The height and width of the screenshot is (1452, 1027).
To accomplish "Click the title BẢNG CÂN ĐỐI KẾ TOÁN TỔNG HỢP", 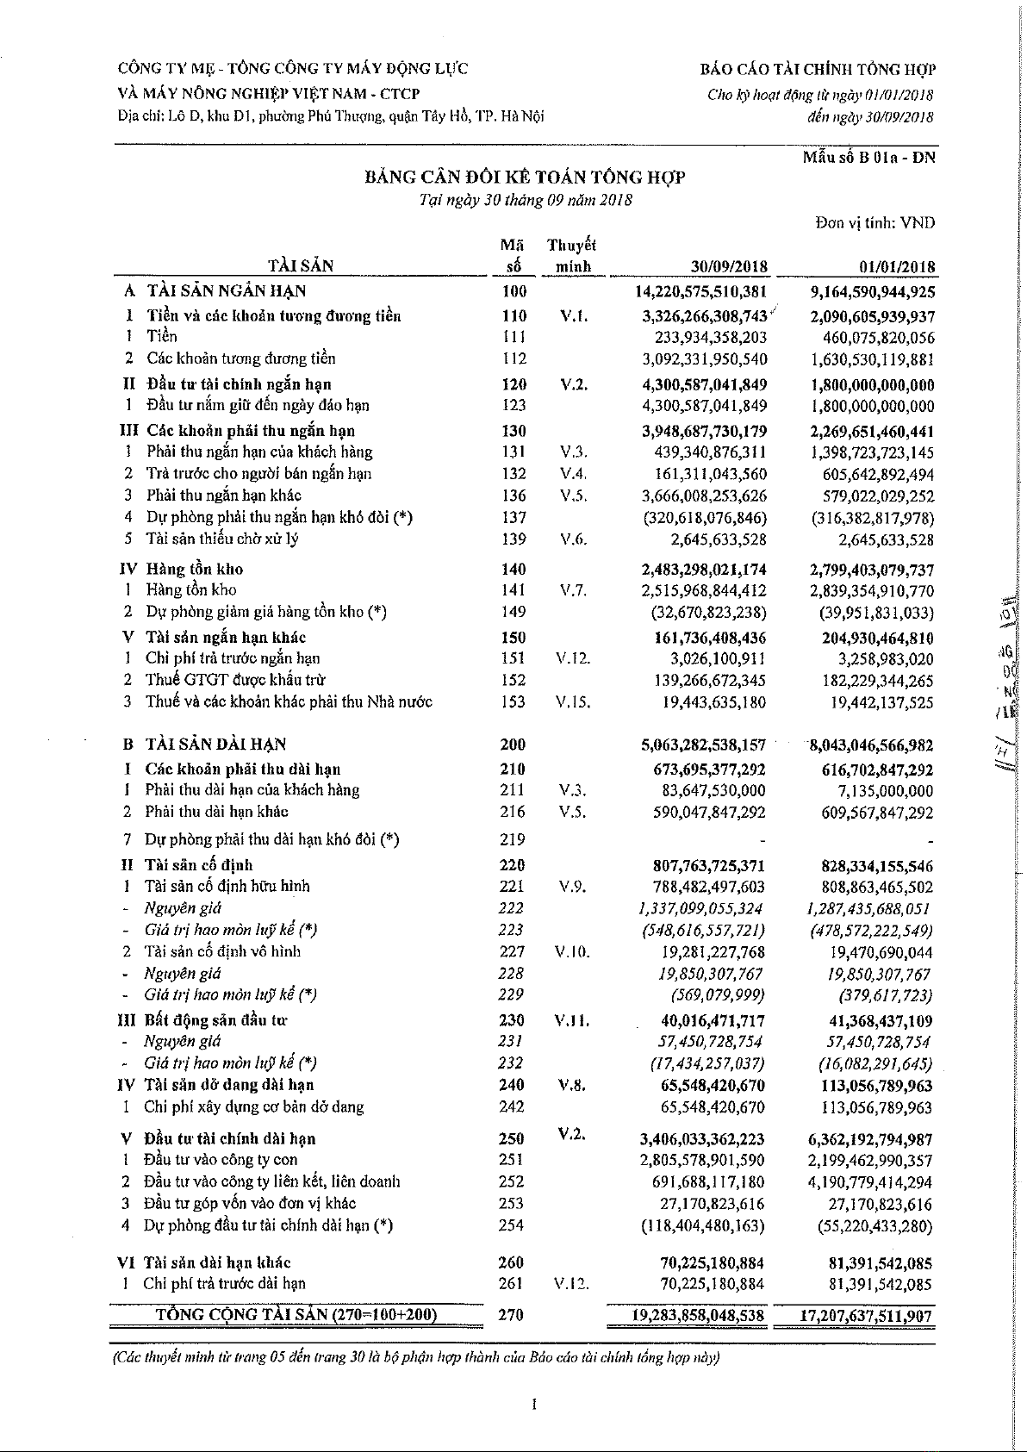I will click(x=525, y=177).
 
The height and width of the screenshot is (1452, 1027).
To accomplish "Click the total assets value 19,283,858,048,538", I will click(x=699, y=1316).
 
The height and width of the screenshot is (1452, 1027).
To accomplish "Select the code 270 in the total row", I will click(x=512, y=1315).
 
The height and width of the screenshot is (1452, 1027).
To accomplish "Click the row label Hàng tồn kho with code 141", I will click(x=191, y=590).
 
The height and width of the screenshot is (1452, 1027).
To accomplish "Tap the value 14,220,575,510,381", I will click(x=700, y=291).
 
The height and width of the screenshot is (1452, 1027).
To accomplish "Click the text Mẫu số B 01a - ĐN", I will click(x=868, y=157).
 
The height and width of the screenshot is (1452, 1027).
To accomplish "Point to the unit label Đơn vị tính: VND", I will click(x=875, y=223).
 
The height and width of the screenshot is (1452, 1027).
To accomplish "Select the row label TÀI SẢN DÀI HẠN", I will click(x=216, y=745).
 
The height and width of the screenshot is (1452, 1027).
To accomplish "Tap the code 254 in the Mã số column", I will click(x=512, y=1225).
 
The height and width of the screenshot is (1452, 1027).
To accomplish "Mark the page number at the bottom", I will click(x=534, y=1405).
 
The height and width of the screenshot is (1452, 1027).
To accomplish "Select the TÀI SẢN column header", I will click(x=300, y=265).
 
